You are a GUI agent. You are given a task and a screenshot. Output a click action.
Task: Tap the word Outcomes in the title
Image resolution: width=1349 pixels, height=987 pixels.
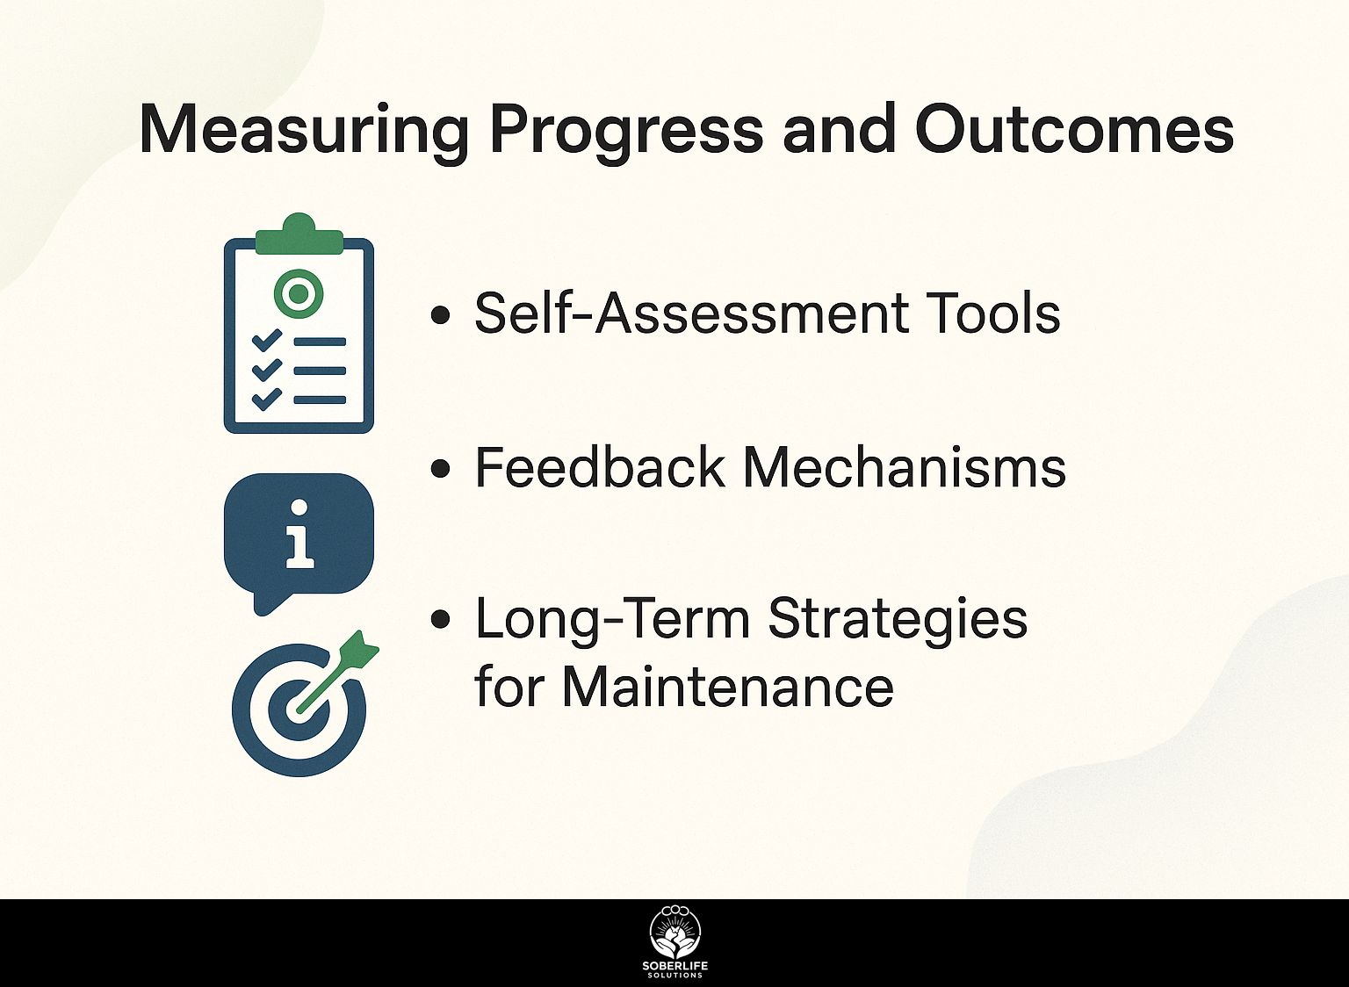[1075, 128]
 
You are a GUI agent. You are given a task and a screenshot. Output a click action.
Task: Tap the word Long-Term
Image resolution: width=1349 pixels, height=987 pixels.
[611, 619]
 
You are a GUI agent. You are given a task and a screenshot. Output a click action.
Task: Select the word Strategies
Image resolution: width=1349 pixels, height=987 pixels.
[898, 619]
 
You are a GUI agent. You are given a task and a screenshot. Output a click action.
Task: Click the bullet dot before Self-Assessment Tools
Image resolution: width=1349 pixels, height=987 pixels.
[441, 315]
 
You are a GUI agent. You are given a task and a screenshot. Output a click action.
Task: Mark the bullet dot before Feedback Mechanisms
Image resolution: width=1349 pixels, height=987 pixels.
[441, 469]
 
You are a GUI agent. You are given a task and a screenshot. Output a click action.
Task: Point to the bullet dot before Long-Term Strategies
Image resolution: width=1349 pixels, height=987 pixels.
[441, 619]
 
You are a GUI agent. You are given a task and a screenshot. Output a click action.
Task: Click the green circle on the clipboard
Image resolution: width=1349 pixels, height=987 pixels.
[299, 294]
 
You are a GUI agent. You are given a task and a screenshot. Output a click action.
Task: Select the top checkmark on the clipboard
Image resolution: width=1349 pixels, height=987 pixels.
[266, 340]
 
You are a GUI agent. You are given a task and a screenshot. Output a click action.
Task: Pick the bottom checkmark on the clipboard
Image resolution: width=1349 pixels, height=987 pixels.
[266, 399]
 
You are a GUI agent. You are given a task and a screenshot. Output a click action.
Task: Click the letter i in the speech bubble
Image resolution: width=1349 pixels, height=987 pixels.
[299, 534]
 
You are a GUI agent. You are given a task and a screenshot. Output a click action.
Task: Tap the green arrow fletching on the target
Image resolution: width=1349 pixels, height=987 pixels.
[360, 647]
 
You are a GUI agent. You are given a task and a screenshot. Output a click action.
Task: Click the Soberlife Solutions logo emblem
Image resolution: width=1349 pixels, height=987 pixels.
[675, 933]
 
